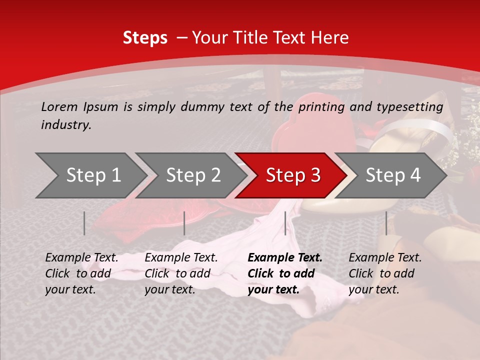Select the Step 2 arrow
click(193, 175)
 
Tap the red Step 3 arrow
click(293, 175)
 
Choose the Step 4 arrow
click(393, 175)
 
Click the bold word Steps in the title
click(145, 38)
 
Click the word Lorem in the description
click(59, 106)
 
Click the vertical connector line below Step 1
click(84, 223)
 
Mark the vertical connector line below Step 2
click(184, 223)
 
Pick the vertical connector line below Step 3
click(285, 223)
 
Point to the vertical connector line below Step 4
click(386, 223)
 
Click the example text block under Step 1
click(81, 273)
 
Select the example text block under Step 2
click(181, 273)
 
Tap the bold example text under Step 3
click(285, 273)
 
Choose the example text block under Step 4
click(385, 273)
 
